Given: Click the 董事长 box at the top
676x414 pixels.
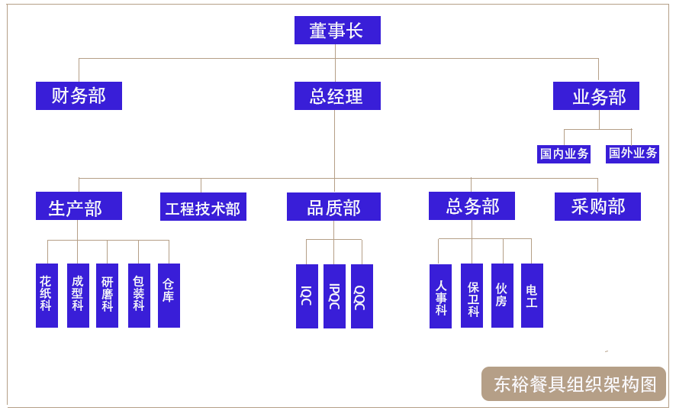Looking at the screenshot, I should click(337, 31).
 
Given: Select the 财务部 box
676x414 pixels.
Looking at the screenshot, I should click(79, 96).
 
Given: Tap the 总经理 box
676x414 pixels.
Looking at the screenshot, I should click(337, 96).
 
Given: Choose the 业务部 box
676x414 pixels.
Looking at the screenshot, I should click(596, 96).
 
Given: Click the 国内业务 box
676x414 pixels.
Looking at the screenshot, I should click(565, 154).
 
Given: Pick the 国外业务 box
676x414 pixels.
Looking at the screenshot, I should click(633, 154).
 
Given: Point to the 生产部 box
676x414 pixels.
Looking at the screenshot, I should click(79, 206).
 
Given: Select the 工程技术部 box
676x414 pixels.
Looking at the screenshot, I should click(203, 207).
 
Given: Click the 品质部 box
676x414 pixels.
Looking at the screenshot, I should click(333, 207).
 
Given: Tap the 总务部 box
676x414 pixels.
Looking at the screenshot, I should click(472, 206).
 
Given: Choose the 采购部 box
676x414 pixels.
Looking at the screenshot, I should click(597, 206).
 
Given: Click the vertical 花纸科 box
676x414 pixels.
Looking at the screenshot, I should click(47, 296).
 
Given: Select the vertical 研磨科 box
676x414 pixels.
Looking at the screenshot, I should click(107, 296).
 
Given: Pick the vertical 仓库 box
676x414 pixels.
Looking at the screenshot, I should click(169, 296).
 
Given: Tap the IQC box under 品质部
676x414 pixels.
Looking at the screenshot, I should click(307, 296).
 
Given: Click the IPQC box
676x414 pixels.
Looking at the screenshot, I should click(334, 296).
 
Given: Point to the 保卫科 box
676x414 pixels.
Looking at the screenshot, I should click(472, 296).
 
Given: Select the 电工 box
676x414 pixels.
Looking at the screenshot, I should click(532, 296).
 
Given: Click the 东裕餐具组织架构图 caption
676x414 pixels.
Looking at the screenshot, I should click(574, 384).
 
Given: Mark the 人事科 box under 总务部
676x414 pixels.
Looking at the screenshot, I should click(440, 296).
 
